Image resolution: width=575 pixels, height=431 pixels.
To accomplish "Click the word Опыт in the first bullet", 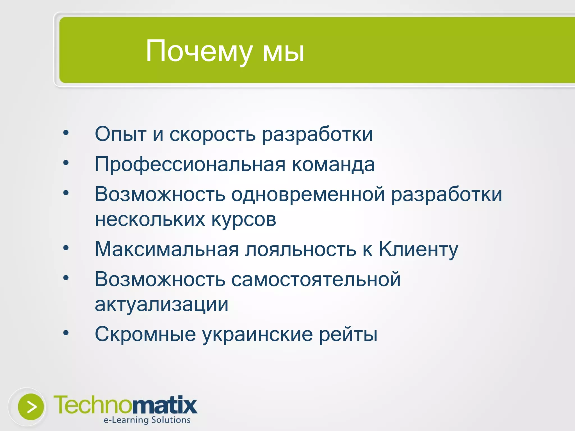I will [x=120, y=134].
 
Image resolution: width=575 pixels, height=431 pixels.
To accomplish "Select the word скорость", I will [x=212, y=134].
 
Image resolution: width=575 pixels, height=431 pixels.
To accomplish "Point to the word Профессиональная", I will [x=190, y=165].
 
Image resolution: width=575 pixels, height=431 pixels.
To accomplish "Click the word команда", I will [x=333, y=165].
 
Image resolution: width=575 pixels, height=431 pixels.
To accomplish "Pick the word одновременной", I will [x=308, y=194].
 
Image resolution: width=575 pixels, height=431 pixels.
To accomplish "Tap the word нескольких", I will [x=150, y=219].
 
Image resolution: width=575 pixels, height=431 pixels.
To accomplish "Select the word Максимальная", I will [x=167, y=249].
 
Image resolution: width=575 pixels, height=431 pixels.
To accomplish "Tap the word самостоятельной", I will [x=316, y=280].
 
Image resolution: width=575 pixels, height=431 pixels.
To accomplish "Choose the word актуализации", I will [x=161, y=305].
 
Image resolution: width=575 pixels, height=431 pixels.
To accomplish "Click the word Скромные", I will [x=145, y=334].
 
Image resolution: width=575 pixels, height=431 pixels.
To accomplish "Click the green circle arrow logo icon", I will [x=31, y=407].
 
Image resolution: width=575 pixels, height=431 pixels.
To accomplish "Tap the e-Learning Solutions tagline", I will [x=147, y=420].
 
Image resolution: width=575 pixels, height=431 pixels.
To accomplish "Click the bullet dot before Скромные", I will [x=66, y=333].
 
